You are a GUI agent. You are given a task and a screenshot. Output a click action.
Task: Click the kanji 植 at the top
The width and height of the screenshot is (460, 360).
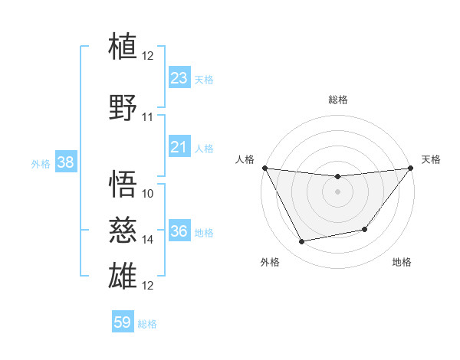pos(123,45)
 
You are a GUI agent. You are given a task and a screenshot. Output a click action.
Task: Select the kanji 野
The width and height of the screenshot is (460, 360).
pos(123,108)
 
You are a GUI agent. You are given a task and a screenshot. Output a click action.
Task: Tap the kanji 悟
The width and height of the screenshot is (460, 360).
pos(123,183)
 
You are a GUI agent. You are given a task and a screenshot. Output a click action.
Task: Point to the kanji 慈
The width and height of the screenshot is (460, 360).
pos(123,229)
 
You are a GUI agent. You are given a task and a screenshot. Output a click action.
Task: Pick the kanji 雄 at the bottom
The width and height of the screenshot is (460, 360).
pos(123,275)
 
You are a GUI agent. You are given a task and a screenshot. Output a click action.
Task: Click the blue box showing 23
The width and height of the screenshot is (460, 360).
pos(179,78)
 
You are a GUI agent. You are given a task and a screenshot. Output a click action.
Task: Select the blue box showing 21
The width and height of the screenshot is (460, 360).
pos(179,147)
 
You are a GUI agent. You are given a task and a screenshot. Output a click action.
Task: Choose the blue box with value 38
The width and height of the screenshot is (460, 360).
pos(65,162)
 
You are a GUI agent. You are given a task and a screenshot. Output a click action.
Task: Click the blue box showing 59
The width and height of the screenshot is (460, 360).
pos(123,322)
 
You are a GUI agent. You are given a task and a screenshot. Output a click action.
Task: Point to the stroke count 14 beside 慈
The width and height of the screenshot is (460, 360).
pos(148,240)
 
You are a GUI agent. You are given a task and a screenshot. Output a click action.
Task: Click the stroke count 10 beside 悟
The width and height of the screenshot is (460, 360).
pos(148,194)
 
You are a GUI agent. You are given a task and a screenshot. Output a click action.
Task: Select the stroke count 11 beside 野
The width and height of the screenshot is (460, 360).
pos(148,117)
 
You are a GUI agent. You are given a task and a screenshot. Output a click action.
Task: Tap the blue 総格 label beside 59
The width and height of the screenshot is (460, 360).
pos(147,324)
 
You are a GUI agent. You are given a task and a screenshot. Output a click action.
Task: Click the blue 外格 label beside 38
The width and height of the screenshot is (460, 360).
pos(41,164)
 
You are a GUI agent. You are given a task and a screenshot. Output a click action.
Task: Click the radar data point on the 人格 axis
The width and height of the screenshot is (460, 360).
pos(264,168)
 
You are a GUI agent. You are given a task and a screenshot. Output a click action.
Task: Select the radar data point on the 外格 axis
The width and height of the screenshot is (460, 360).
pos(301,242)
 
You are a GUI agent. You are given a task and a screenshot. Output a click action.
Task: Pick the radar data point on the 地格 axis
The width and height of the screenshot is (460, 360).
pos(365,229)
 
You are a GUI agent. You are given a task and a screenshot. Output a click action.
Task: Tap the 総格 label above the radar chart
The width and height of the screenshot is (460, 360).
pos(338,100)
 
